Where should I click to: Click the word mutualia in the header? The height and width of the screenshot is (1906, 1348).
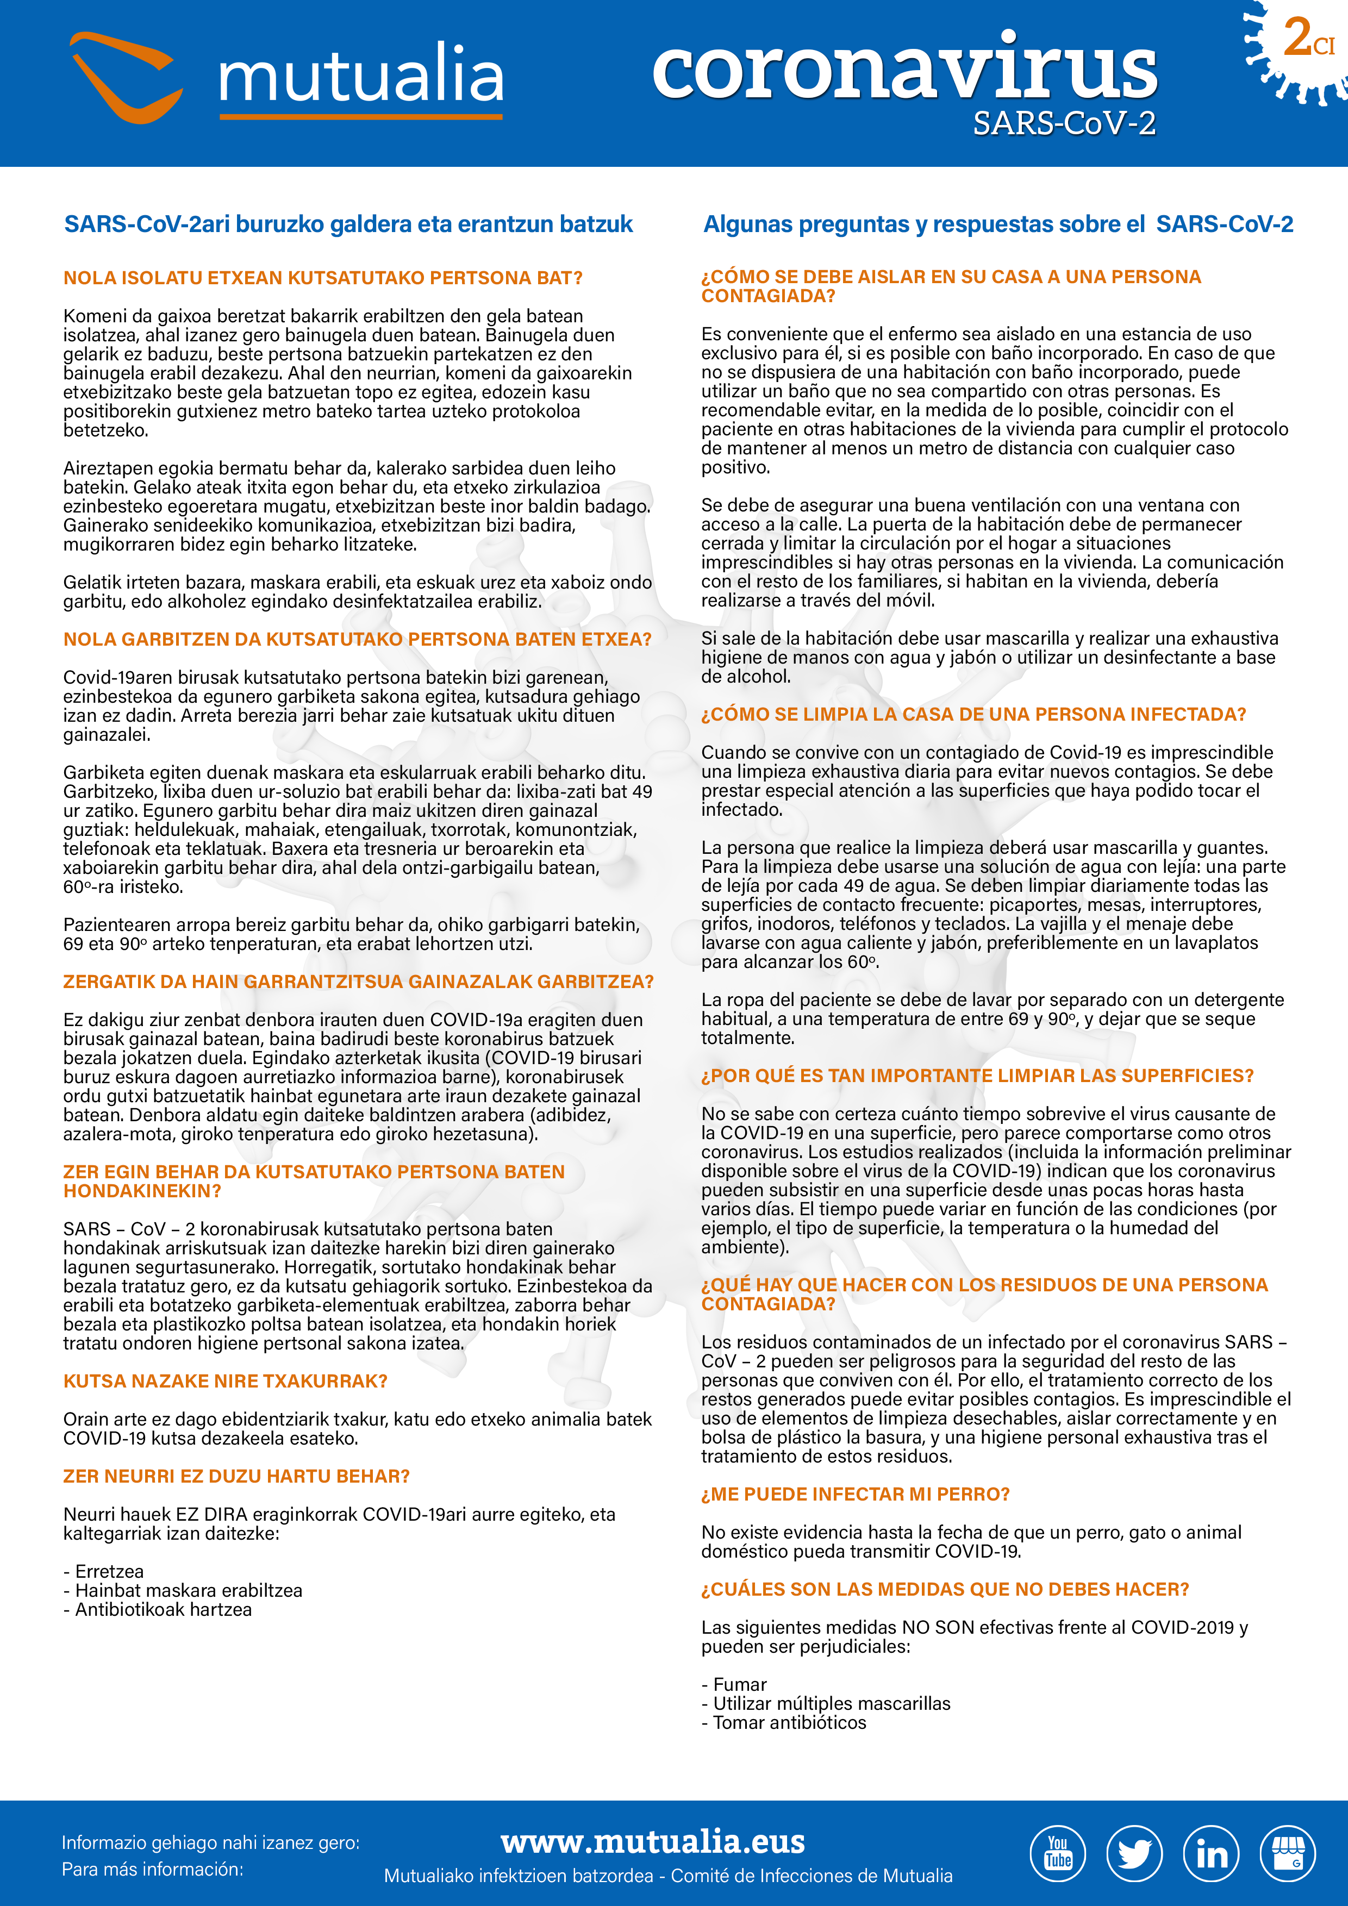pyautogui.click(x=360, y=74)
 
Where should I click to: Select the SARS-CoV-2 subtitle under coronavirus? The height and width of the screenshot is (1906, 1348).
pyautogui.click(x=1064, y=124)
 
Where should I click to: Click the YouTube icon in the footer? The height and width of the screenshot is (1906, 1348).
pyautogui.click(x=1058, y=1854)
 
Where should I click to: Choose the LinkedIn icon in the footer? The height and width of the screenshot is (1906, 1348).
pyautogui.click(x=1211, y=1854)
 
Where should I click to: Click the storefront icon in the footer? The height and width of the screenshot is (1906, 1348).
pyautogui.click(x=1288, y=1854)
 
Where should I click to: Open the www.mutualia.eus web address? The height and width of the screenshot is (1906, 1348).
pyautogui.click(x=652, y=1841)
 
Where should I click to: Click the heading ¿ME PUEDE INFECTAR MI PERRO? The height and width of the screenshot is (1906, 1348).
pyautogui.click(x=855, y=1494)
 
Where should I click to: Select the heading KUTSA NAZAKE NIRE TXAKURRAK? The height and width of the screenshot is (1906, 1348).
pyautogui.click(x=226, y=1382)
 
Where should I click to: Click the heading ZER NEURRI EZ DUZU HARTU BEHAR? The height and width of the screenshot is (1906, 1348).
pyautogui.click(x=236, y=1476)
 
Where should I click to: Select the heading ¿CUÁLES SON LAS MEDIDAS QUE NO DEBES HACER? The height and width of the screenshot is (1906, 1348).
pyautogui.click(x=945, y=1589)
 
